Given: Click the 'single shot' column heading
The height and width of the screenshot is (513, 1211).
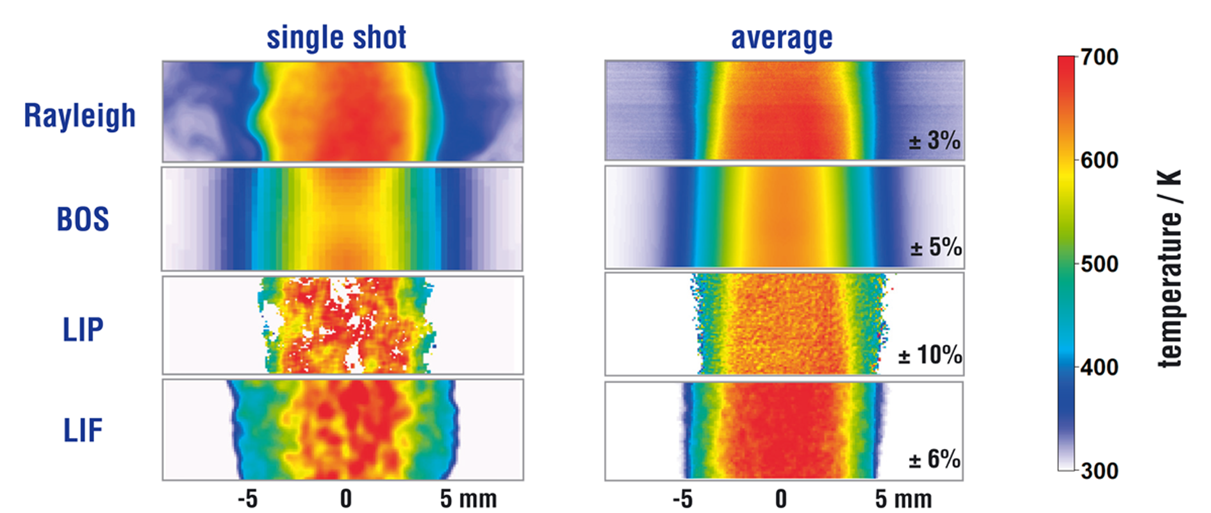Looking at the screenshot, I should pyautogui.click(x=336, y=37).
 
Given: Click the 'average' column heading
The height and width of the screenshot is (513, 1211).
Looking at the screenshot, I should pyautogui.click(x=782, y=38).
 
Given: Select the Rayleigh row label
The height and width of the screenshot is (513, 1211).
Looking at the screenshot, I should pyautogui.click(x=80, y=116).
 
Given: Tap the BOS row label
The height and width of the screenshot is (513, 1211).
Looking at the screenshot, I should pyautogui.click(x=83, y=219).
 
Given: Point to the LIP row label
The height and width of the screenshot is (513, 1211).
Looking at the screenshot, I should pyautogui.click(x=83, y=330).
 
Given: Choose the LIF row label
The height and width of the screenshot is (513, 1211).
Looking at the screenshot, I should pyautogui.click(x=83, y=430).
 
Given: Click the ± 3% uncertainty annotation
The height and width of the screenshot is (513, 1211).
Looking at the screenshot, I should pyautogui.click(x=935, y=140).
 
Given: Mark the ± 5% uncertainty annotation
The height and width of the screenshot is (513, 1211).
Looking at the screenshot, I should pyautogui.click(x=936, y=247).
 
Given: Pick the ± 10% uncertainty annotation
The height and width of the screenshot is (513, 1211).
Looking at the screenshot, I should pyautogui.click(x=930, y=355).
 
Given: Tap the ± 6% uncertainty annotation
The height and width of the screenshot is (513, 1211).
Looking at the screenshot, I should pyautogui.click(x=935, y=459).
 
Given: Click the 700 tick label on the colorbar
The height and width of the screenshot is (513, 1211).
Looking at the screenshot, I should pyautogui.click(x=1100, y=57).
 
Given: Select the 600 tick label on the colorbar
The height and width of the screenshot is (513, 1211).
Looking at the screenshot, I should pyautogui.click(x=1100, y=160).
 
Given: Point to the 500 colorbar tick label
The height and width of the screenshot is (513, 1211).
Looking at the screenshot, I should pyautogui.click(x=1100, y=264).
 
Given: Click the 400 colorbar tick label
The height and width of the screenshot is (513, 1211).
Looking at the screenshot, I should pyautogui.click(x=1100, y=367).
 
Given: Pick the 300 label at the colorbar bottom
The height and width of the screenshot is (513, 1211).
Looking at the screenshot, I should pyautogui.click(x=1100, y=471).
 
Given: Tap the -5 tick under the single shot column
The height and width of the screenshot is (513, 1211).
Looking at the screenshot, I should pyautogui.click(x=247, y=499).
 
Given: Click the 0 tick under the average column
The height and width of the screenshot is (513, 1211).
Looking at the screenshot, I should pyautogui.click(x=780, y=499).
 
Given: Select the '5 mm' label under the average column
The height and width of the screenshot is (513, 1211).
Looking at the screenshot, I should pyautogui.click(x=903, y=499).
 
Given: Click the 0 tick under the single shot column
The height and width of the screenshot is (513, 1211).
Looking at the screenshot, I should pyautogui.click(x=346, y=499).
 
